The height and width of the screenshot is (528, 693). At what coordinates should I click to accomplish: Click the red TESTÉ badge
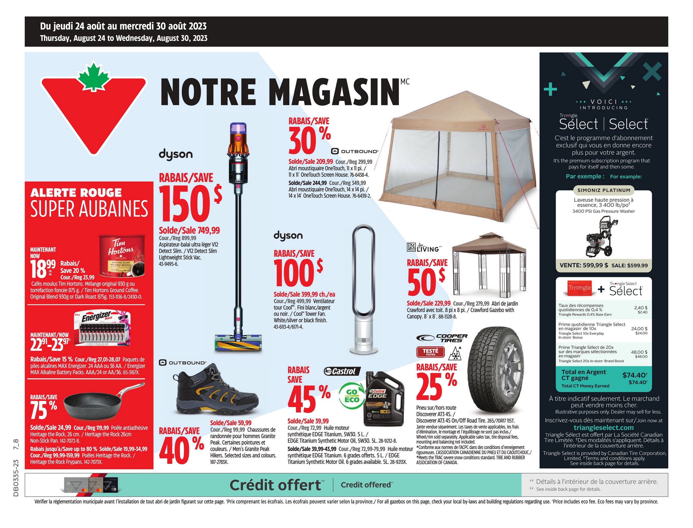[430, 352]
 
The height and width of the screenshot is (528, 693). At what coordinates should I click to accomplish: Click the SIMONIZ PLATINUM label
[604, 190]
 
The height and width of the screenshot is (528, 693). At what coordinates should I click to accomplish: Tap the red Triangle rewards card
[579, 288]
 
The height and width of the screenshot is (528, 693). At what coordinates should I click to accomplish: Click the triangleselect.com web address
[604, 427]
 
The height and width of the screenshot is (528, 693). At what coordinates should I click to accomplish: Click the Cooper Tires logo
[442, 338]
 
